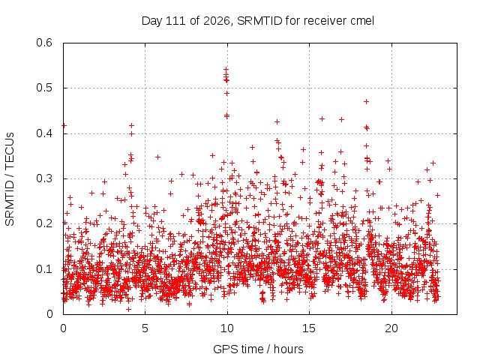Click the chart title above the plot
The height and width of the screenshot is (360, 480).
click(258, 21)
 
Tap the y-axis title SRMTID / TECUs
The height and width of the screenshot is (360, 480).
click(10, 179)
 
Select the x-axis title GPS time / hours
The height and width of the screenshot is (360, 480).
click(258, 349)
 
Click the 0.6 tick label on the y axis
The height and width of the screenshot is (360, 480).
click(44, 43)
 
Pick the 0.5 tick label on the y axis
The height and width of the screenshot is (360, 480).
click(44, 88)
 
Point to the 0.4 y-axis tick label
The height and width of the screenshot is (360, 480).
click(44, 133)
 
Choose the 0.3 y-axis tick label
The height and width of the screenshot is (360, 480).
click(44, 178)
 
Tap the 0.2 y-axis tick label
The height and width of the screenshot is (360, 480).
click(44, 223)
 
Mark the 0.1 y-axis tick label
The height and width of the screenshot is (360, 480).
click(44, 269)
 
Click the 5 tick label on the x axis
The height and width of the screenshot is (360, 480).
click(145, 328)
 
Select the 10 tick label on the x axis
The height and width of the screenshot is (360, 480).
click(227, 328)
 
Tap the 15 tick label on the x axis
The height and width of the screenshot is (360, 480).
click(309, 328)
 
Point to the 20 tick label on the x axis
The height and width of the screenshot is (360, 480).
click(391, 328)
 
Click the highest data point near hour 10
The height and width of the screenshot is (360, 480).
click(226, 70)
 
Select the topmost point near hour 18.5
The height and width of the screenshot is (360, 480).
click(366, 102)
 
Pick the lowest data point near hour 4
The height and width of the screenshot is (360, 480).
click(128, 309)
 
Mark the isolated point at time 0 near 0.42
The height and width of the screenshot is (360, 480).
click(64, 125)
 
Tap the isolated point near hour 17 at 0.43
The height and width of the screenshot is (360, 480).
click(342, 120)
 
